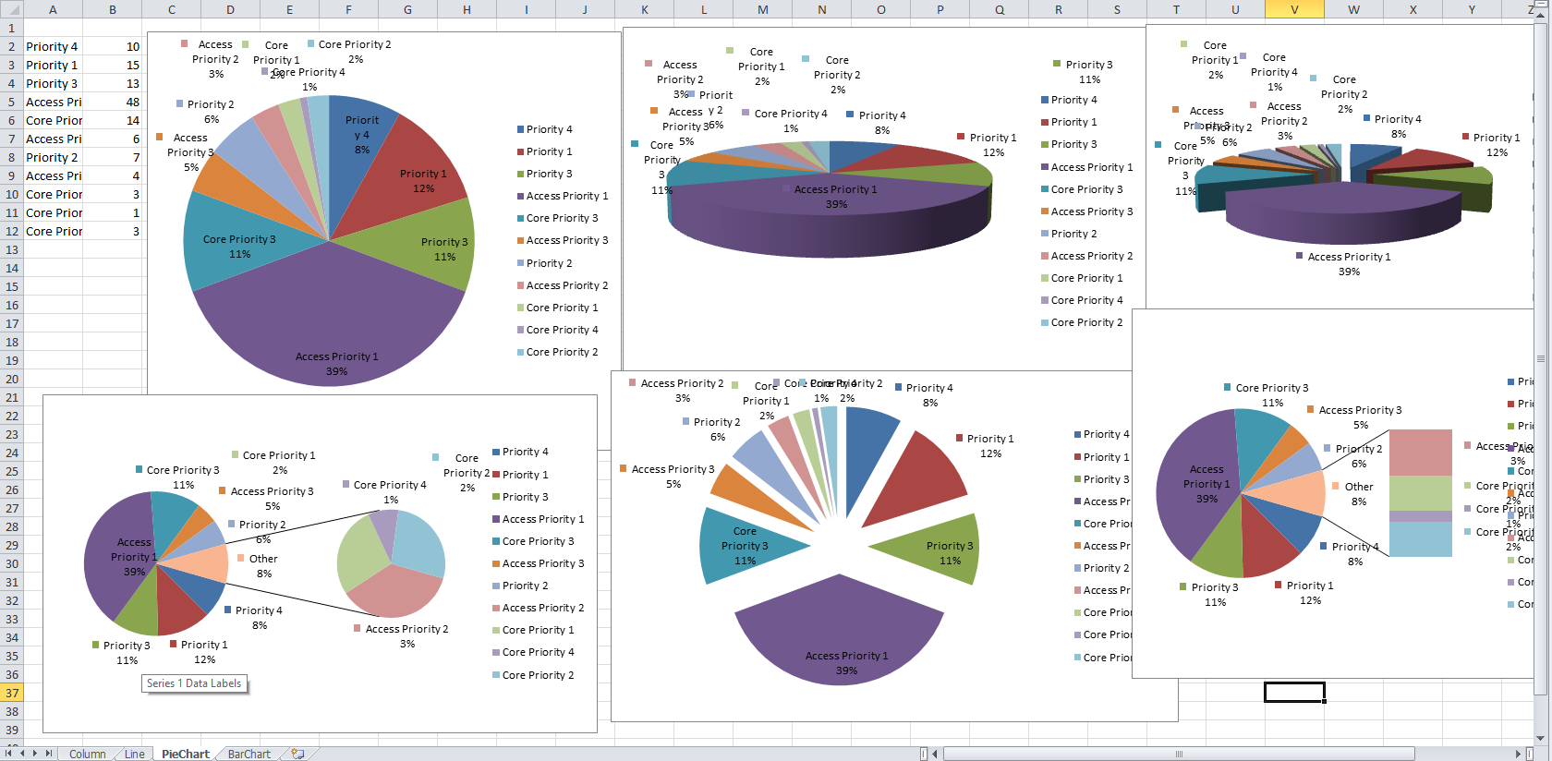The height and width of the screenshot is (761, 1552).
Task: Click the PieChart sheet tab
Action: point(185,754)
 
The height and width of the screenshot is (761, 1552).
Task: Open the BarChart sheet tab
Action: point(249,754)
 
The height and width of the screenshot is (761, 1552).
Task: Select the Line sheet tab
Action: point(134,754)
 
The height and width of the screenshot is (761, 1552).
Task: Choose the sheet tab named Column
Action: point(87,754)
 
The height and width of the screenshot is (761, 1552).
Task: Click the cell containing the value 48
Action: point(113,102)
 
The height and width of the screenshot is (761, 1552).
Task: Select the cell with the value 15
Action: point(113,65)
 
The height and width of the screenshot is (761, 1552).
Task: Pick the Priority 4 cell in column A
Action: point(53,46)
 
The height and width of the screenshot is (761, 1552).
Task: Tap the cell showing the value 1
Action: point(113,212)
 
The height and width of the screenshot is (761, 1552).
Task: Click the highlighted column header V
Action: point(1294,9)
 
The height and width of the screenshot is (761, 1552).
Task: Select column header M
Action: point(762,9)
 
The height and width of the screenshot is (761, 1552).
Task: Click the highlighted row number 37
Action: point(12,693)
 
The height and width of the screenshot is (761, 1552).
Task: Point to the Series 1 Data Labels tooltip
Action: point(194,683)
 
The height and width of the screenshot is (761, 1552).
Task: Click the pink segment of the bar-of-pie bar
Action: point(1420,453)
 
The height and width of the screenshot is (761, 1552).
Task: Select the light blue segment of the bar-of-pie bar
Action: point(1420,539)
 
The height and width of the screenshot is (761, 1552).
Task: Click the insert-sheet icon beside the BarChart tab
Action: point(297,754)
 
